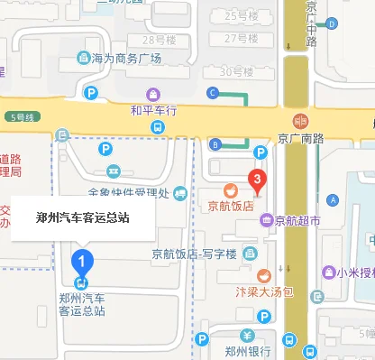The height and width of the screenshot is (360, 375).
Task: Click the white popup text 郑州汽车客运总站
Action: pos(83,217)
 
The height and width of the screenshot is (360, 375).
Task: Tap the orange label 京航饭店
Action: pos(232,206)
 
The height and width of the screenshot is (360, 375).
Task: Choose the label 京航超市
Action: pos(298,219)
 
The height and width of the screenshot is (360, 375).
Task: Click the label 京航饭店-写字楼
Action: pos(193,255)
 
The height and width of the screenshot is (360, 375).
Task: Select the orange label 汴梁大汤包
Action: pos(263,291)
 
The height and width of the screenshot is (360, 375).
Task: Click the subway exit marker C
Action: pos(214,92)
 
